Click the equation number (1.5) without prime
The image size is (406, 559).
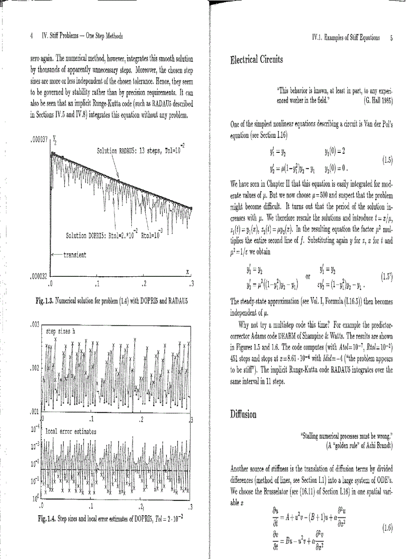(387, 160)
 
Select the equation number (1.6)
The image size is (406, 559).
(387, 526)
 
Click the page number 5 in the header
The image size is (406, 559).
(392, 37)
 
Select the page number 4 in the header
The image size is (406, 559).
(32, 36)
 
